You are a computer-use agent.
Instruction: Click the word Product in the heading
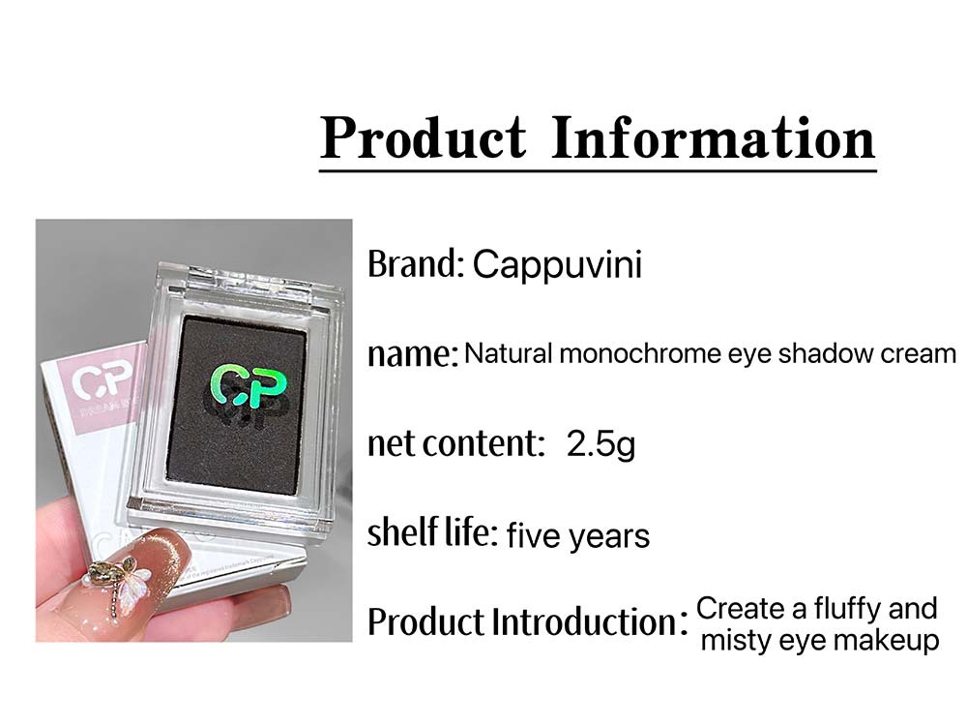click(424, 137)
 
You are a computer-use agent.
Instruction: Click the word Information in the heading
click(713, 137)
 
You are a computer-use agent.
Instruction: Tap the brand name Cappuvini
click(558, 265)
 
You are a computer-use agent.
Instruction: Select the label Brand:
click(415, 264)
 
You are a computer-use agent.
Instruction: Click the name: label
click(413, 354)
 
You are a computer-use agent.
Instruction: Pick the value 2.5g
click(601, 444)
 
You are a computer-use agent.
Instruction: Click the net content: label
click(456, 443)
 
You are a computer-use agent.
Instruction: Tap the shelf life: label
click(432, 532)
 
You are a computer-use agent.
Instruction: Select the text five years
click(578, 535)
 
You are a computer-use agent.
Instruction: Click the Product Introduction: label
click(527, 621)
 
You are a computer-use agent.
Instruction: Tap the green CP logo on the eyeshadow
click(248, 387)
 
